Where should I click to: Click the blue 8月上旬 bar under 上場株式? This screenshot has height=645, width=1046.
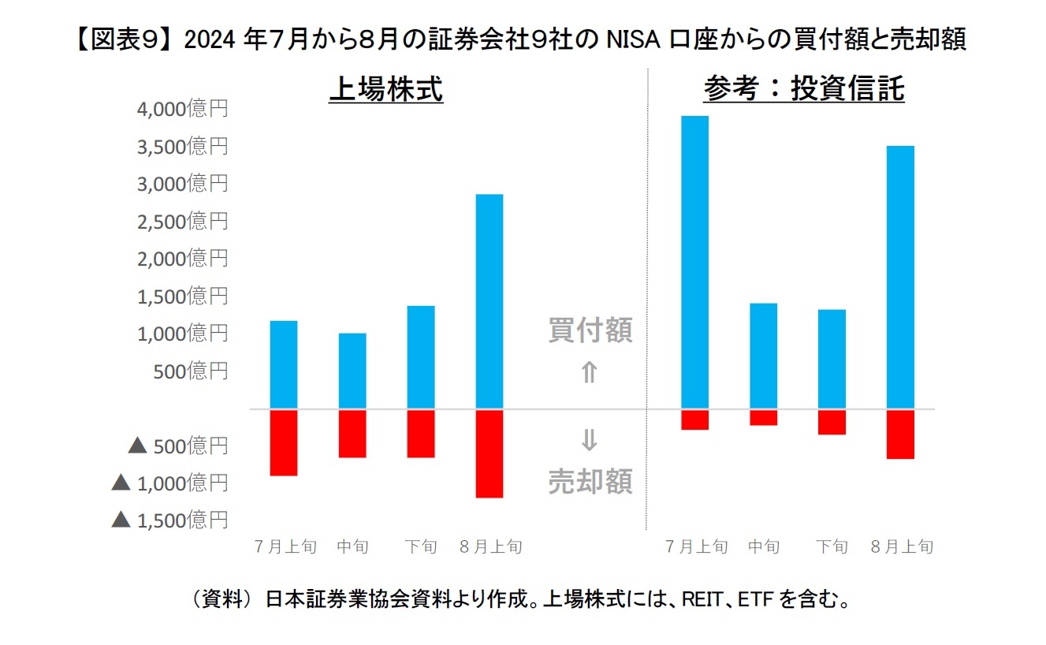pyautogui.click(x=489, y=301)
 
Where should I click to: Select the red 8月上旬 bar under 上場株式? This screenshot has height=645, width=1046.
pyautogui.click(x=489, y=453)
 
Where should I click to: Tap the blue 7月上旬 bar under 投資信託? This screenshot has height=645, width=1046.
pyautogui.click(x=694, y=263)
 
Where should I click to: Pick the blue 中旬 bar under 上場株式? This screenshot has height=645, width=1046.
pyautogui.click(x=352, y=371)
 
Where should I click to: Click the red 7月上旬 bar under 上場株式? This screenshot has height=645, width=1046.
pyautogui.click(x=284, y=442)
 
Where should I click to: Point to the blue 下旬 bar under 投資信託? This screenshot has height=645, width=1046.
pyautogui.click(x=832, y=359)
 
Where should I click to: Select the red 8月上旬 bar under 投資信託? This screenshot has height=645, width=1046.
pyautogui.click(x=900, y=434)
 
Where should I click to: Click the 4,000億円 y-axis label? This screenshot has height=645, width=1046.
pyautogui.click(x=182, y=109)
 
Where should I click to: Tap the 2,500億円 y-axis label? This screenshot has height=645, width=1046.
pyautogui.click(x=182, y=221)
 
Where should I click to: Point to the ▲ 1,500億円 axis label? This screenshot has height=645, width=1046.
pyautogui.click(x=169, y=519)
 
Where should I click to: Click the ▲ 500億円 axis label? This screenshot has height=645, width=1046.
pyautogui.click(x=177, y=446)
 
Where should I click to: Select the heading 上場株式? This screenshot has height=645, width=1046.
pyautogui.click(x=386, y=90)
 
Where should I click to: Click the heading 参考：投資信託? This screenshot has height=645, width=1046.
pyautogui.click(x=804, y=90)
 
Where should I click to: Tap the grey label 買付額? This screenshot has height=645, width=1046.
pyautogui.click(x=590, y=332)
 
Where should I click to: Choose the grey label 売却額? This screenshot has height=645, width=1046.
pyautogui.click(x=590, y=480)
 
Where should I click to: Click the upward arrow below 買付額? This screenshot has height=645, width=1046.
pyautogui.click(x=590, y=372)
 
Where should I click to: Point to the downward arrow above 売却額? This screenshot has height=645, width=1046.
pyautogui.click(x=590, y=441)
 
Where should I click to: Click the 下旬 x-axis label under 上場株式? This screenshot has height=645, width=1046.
pyautogui.click(x=421, y=546)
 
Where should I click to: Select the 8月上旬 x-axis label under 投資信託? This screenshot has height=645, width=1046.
pyautogui.click(x=902, y=546)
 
